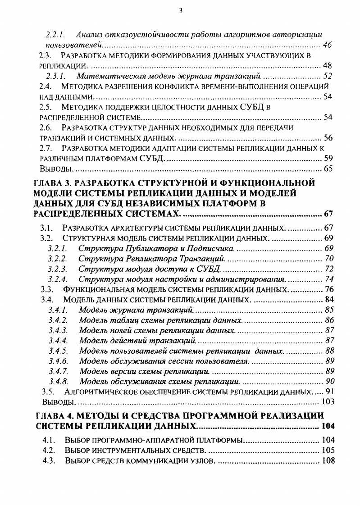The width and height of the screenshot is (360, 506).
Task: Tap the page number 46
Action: [x=328, y=45]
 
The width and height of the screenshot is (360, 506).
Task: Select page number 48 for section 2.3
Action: [x=328, y=66]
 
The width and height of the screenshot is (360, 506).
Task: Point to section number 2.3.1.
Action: [x=57, y=76]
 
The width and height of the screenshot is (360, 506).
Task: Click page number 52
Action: [x=328, y=76]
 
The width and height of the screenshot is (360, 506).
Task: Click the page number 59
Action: [x=328, y=158]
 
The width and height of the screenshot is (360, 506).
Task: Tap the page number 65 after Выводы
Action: [x=328, y=169]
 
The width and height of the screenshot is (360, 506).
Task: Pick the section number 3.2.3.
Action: [x=58, y=269]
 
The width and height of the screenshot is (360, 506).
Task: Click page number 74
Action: [x=329, y=279]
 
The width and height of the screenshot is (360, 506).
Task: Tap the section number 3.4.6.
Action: [x=58, y=361]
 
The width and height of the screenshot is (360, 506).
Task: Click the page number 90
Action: [x=329, y=381]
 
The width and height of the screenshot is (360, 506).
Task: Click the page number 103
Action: [x=327, y=401]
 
